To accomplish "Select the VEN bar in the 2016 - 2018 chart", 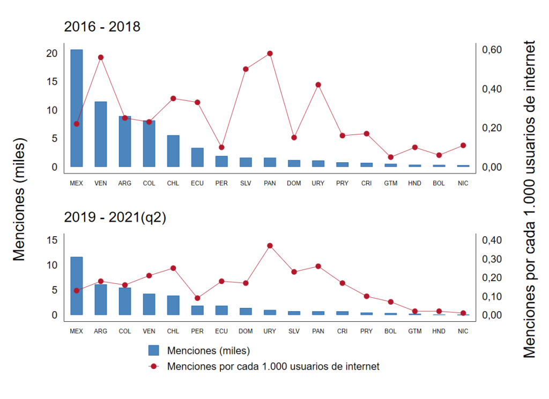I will (x=101, y=134).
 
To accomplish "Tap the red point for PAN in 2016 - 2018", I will (x=270, y=54).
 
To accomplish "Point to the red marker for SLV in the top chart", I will (x=246, y=69).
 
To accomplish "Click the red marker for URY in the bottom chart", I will (x=270, y=246).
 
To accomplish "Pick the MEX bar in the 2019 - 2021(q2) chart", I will (x=77, y=286).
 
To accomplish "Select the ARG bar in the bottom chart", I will (x=101, y=299).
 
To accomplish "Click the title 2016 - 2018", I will (x=102, y=27).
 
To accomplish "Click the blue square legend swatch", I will (x=154, y=351).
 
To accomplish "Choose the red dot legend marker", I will (x=154, y=367).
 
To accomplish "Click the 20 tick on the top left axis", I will (x=51, y=54).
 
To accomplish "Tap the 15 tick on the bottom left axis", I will (x=51, y=240).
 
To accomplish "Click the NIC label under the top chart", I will (x=463, y=183).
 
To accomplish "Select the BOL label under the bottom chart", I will (x=390, y=332).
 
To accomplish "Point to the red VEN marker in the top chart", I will (x=101, y=57).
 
